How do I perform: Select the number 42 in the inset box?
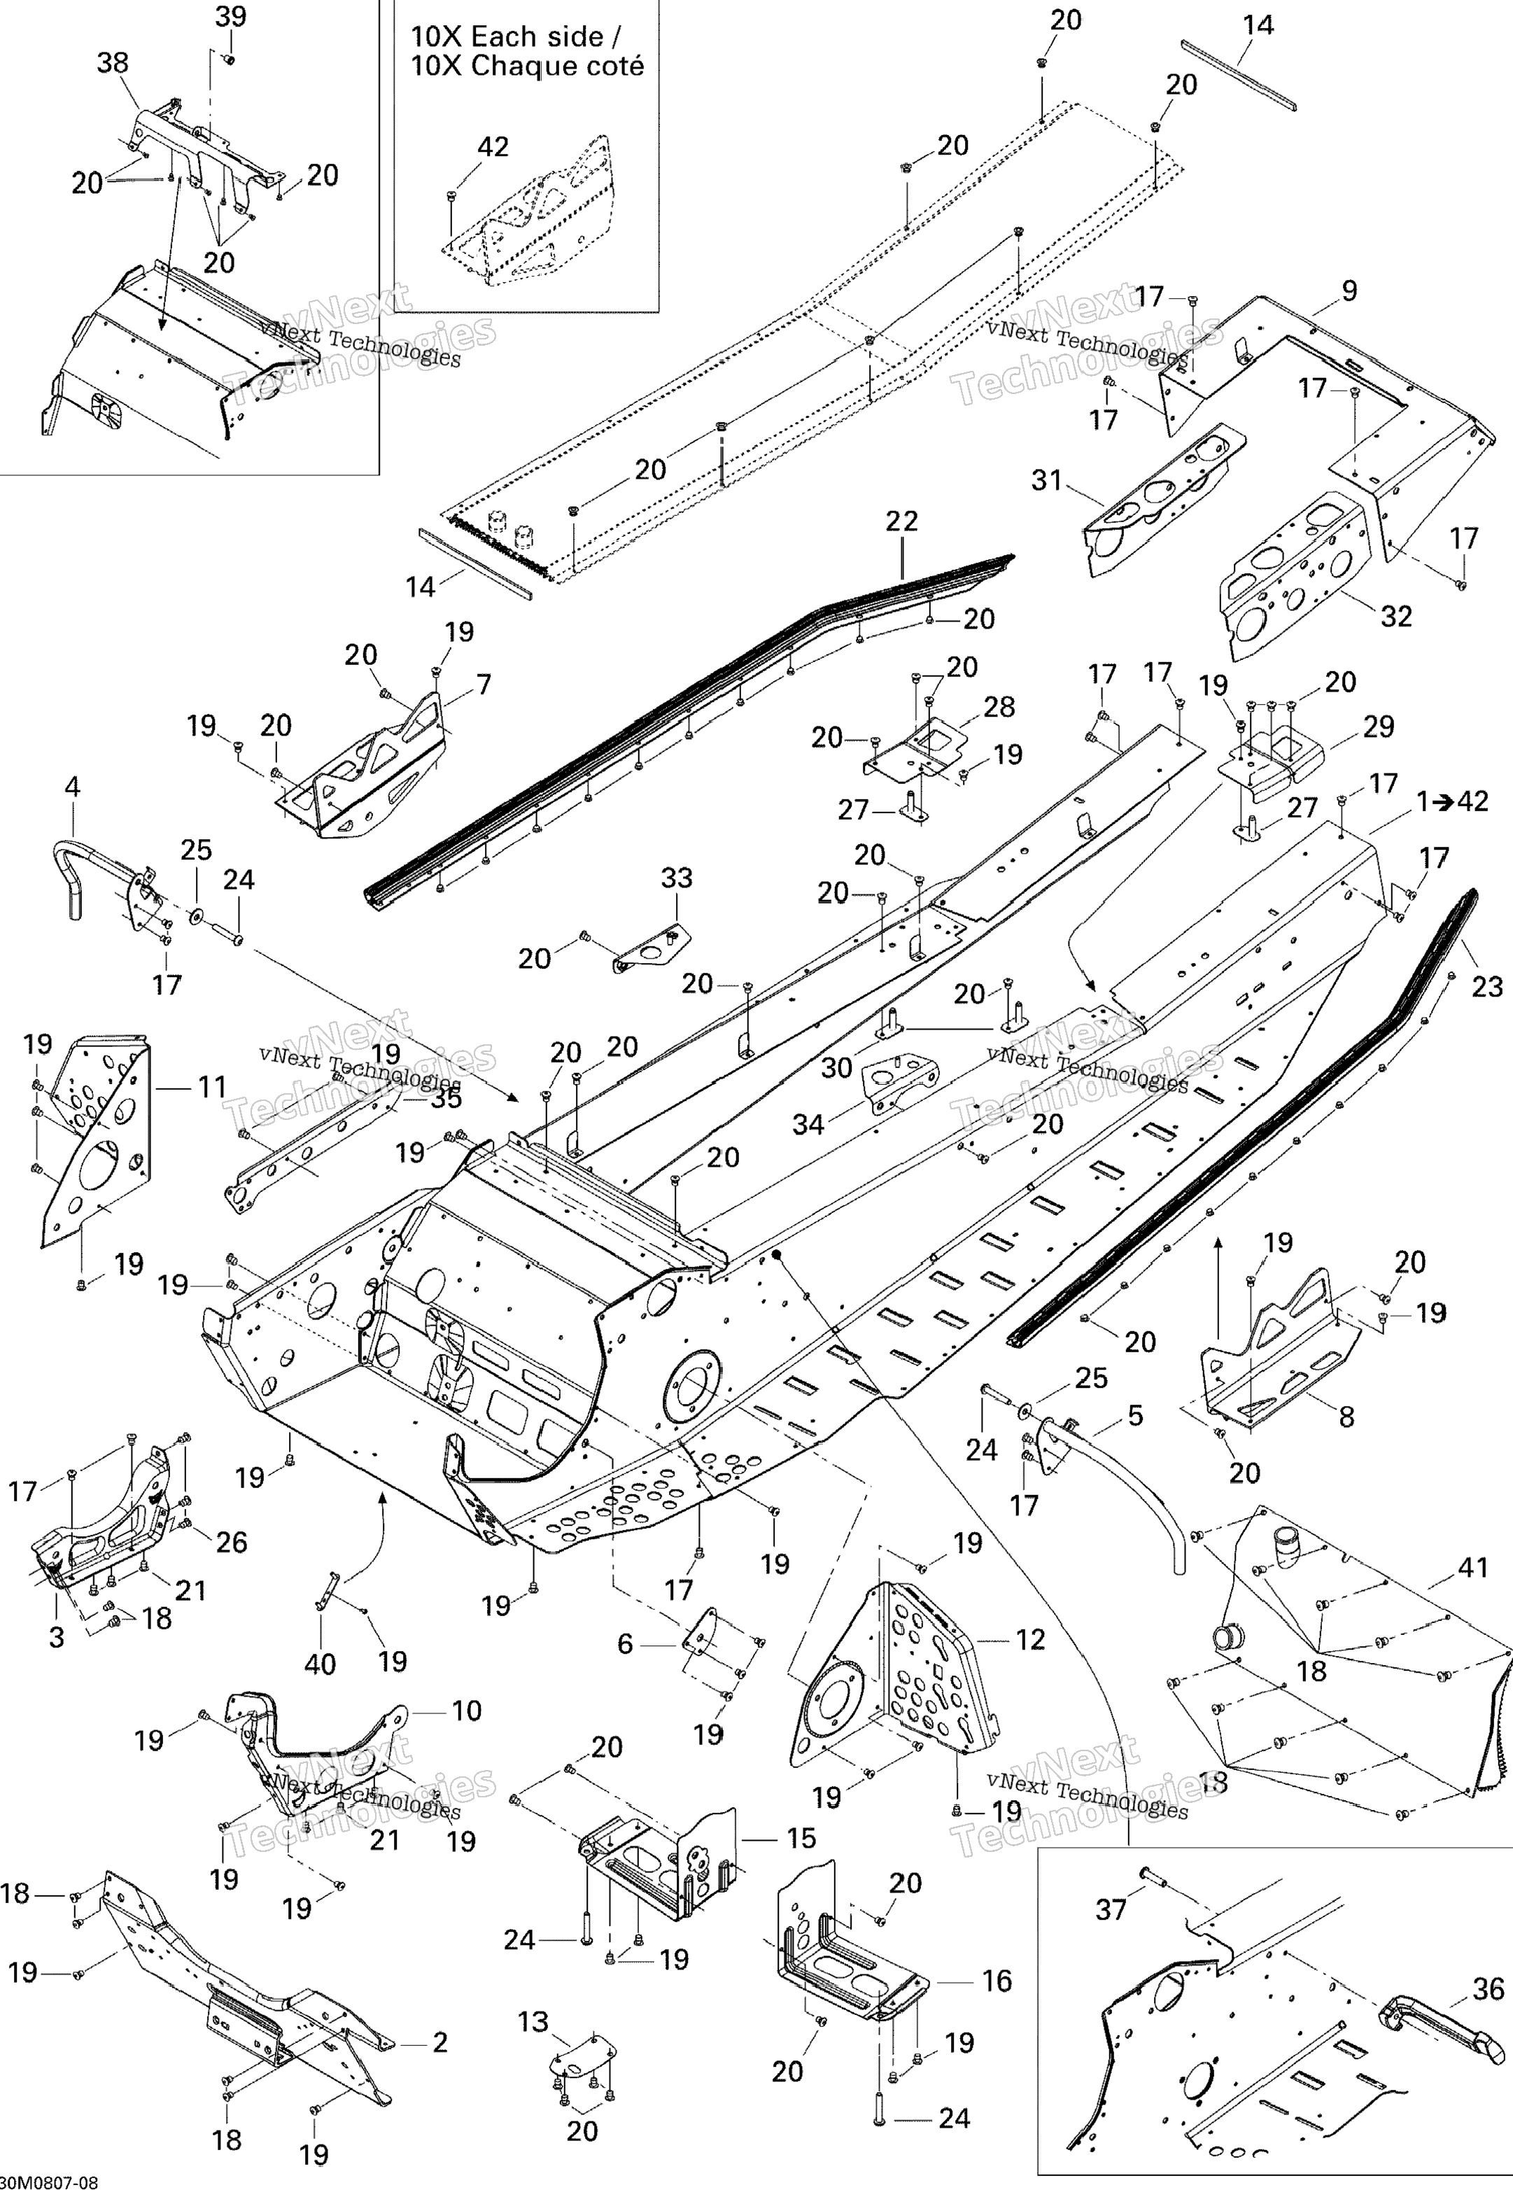coord(492,147)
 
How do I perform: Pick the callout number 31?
coord(1047,481)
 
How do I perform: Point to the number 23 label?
coord(1487,987)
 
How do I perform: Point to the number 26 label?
coord(232,1543)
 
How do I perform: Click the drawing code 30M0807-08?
coord(49,2180)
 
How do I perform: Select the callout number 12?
coord(1030,1639)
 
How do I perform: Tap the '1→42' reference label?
coord(1454,801)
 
